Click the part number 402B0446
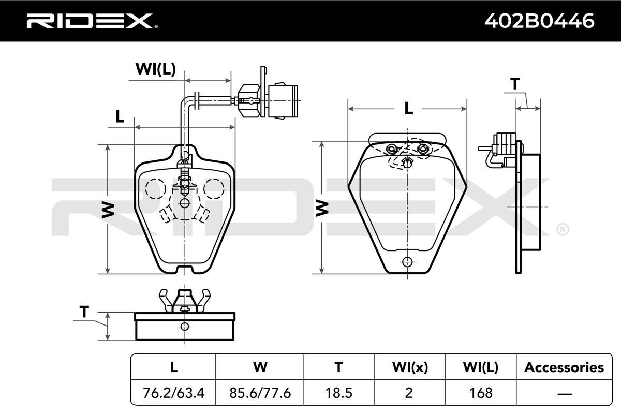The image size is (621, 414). (539, 21)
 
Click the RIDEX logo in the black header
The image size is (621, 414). (92, 21)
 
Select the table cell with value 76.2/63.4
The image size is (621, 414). (173, 393)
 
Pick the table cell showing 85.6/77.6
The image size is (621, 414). (260, 393)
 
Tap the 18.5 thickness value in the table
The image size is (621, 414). (339, 393)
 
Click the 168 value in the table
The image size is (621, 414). (481, 393)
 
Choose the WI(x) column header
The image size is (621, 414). (410, 367)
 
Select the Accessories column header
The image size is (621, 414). (564, 367)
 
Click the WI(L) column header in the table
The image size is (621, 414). (481, 367)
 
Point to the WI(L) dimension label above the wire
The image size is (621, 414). (156, 69)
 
